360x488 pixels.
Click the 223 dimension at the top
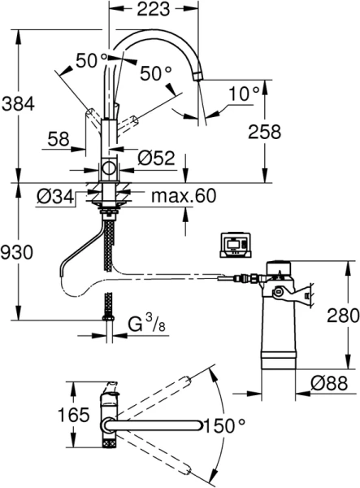pos(154,9)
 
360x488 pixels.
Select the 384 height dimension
pos(18,104)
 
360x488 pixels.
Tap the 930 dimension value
pos(16,252)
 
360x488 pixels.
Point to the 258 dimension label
pos(265,131)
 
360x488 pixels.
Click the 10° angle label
pos(244,94)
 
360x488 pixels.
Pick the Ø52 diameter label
pos(156,158)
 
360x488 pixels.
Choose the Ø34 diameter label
pos(55,196)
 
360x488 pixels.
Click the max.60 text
pos(184,196)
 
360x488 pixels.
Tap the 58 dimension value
pos(59,138)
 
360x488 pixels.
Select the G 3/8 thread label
pos(147,324)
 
